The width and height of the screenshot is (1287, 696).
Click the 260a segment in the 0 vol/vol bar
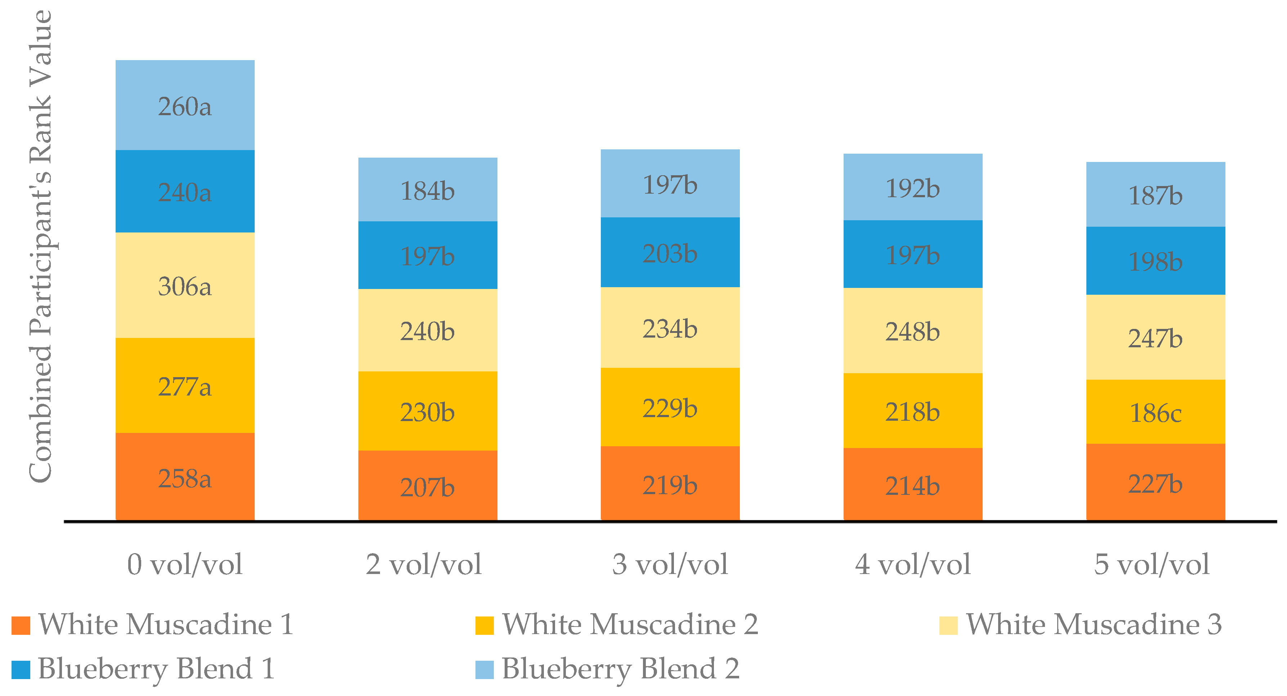pyautogui.click(x=185, y=106)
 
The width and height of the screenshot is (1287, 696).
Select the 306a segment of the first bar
pyautogui.click(x=185, y=286)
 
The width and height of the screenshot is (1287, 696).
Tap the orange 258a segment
pyautogui.click(x=185, y=477)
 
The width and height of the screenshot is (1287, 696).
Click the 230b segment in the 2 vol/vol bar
pyautogui.click(x=428, y=411)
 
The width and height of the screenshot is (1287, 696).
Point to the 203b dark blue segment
pyautogui.click(x=670, y=253)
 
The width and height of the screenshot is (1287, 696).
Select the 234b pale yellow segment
pyautogui.click(x=670, y=328)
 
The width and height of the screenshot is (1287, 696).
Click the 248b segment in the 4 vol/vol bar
pyautogui.click(x=913, y=331)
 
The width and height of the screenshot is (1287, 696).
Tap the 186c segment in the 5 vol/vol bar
pyautogui.click(x=1156, y=412)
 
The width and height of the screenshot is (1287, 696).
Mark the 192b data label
pyautogui.click(x=913, y=188)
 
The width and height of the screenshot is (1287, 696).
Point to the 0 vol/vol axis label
pyautogui.click(x=185, y=564)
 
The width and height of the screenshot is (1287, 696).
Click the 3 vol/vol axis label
pyautogui.click(x=670, y=564)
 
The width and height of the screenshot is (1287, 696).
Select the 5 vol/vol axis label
pyautogui.click(x=1152, y=564)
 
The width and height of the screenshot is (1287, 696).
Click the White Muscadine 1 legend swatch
pyautogui.click(x=21, y=625)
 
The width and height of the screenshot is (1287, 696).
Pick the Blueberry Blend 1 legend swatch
pyautogui.click(x=21, y=669)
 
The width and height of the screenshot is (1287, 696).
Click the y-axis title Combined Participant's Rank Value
pyautogui.click(x=41, y=247)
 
